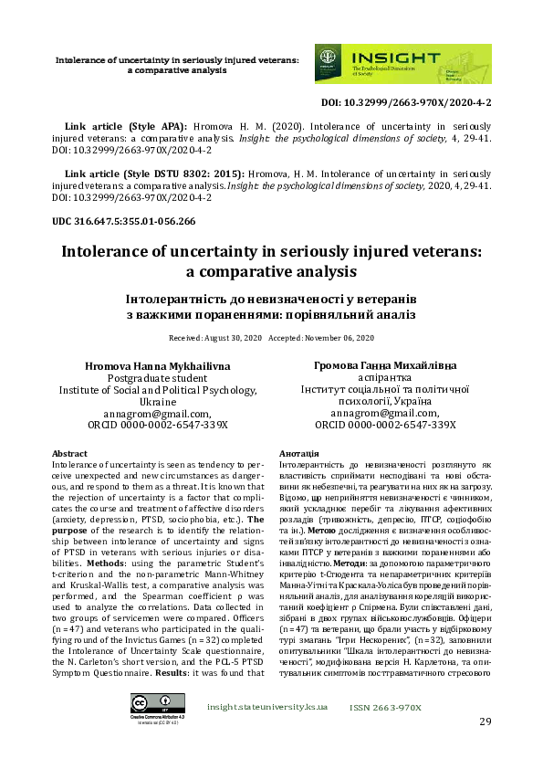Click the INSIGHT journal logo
click(402, 64)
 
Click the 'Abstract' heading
click(70, 454)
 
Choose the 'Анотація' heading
click(298, 454)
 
